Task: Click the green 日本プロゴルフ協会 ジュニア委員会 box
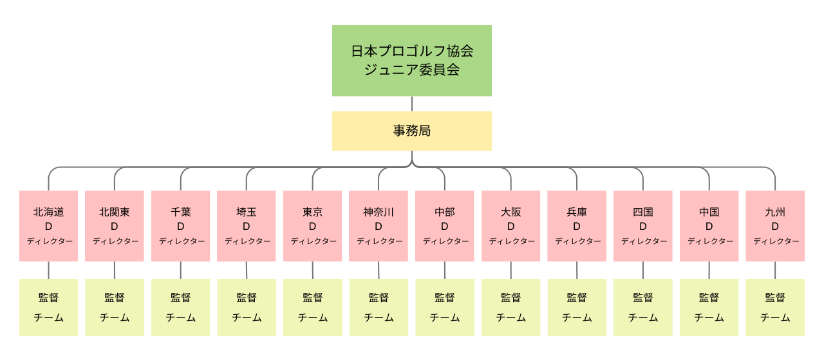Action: tap(411, 61)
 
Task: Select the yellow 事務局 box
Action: tap(411, 131)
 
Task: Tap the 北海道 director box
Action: tap(48, 226)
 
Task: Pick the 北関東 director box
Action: tap(115, 226)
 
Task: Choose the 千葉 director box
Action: tap(181, 226)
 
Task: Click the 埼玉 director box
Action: tap(247, 226)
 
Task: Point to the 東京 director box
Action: tap(313, 226)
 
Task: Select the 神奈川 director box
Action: tap(379, 226)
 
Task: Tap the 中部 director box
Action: tap(445, 226)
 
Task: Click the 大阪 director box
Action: tap(511, 226)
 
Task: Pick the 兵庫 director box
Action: tap(577, 226)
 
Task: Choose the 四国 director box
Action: tap(643, 226)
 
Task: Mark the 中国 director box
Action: tap(709, 226)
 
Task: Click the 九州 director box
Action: tap(775, 226)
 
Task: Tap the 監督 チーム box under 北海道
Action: tap(48, 307)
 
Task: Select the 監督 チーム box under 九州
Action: tap(775, 307)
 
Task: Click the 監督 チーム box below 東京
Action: tap(313, 307)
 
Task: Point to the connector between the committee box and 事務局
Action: tap(411, 104)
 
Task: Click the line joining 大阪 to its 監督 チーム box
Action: tap(511, 270)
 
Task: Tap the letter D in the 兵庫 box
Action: tap(577, 227)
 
